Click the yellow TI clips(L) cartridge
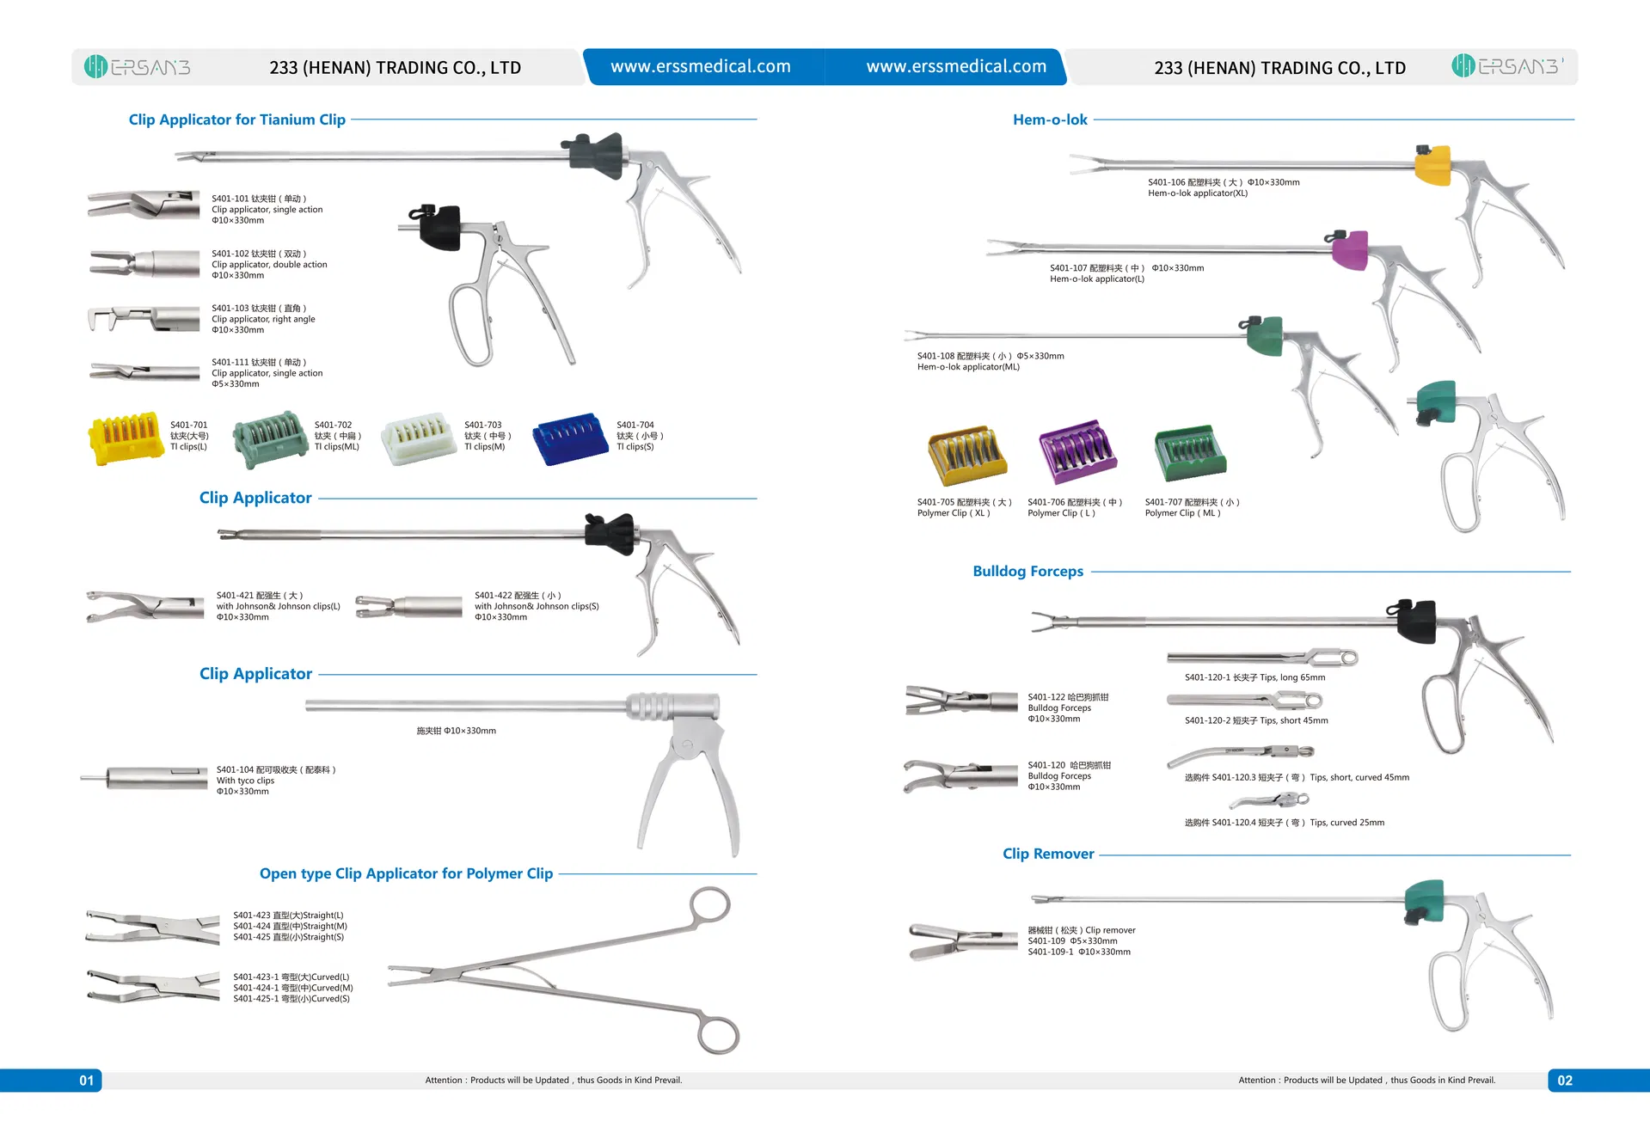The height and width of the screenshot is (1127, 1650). (x=126, y=438)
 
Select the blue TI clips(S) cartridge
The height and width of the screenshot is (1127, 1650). (x=570, y=439)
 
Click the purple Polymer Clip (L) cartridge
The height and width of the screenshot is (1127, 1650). (x=1076, y=452)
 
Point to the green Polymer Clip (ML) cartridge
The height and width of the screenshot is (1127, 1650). (x=1190, y=452)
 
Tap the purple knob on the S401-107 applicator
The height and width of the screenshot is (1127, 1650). (x=1350, y=251)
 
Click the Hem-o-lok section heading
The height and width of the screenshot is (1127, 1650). (x=1050, y=120)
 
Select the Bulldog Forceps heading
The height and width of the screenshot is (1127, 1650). (x=1027, y=572)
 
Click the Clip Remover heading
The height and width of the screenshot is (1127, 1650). (x=1048, y=854)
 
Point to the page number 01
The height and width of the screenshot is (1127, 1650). (x=87, y=1081)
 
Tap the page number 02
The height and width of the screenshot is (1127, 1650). (x=1565, y=1081)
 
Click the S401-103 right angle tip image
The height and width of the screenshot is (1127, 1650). (x=142, y=319)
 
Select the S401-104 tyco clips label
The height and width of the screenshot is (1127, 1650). (x=275, y=781)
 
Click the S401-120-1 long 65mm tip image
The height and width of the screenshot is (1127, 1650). (x=1262, y=658)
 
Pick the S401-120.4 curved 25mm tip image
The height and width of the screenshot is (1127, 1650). (x=1269, y=802)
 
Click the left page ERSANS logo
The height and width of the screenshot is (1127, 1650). (x=138, y=67)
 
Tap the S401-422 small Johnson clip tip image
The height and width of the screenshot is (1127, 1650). (x=408, y=606)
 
